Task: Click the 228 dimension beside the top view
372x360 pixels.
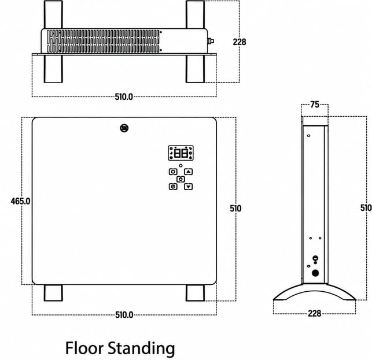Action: click(240, 42)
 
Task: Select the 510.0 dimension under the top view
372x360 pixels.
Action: click(124, 97)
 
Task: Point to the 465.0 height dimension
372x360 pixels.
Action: click(21, 201)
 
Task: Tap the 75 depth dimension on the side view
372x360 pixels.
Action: click(315, 105)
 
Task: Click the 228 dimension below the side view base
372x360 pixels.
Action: click(315, 313)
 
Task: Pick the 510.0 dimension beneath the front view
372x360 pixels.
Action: click(124, 315)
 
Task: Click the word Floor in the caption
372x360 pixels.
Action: click(84, 348)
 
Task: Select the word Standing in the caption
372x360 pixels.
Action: click(142, 349)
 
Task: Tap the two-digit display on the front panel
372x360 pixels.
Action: click(181, 153)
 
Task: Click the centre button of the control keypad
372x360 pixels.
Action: click(181, 179)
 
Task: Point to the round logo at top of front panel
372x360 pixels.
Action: click(124, 128)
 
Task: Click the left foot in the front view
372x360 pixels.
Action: click(53, 293)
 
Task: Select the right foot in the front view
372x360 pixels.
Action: click(195, 293)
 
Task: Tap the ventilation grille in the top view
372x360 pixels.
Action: click(103, 41)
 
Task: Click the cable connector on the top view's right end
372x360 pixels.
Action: click(211, 41)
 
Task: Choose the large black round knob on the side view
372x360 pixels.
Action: click(315, 273)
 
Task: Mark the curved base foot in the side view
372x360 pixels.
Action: click(315, 292)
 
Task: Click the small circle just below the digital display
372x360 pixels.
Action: click(181, 165)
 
